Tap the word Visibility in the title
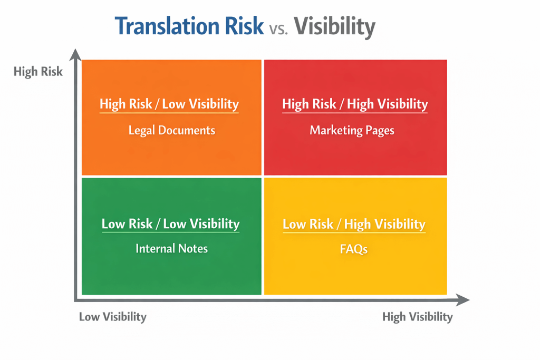334,26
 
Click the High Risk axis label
38,72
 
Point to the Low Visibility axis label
112,317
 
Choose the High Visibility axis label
417,317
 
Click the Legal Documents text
172,130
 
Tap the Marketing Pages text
352,130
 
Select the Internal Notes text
171,248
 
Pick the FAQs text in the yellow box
353,249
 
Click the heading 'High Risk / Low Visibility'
169,104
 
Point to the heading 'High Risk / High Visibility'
355,104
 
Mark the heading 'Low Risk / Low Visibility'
170,223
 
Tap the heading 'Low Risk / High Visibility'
354,224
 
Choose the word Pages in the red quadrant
379,130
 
